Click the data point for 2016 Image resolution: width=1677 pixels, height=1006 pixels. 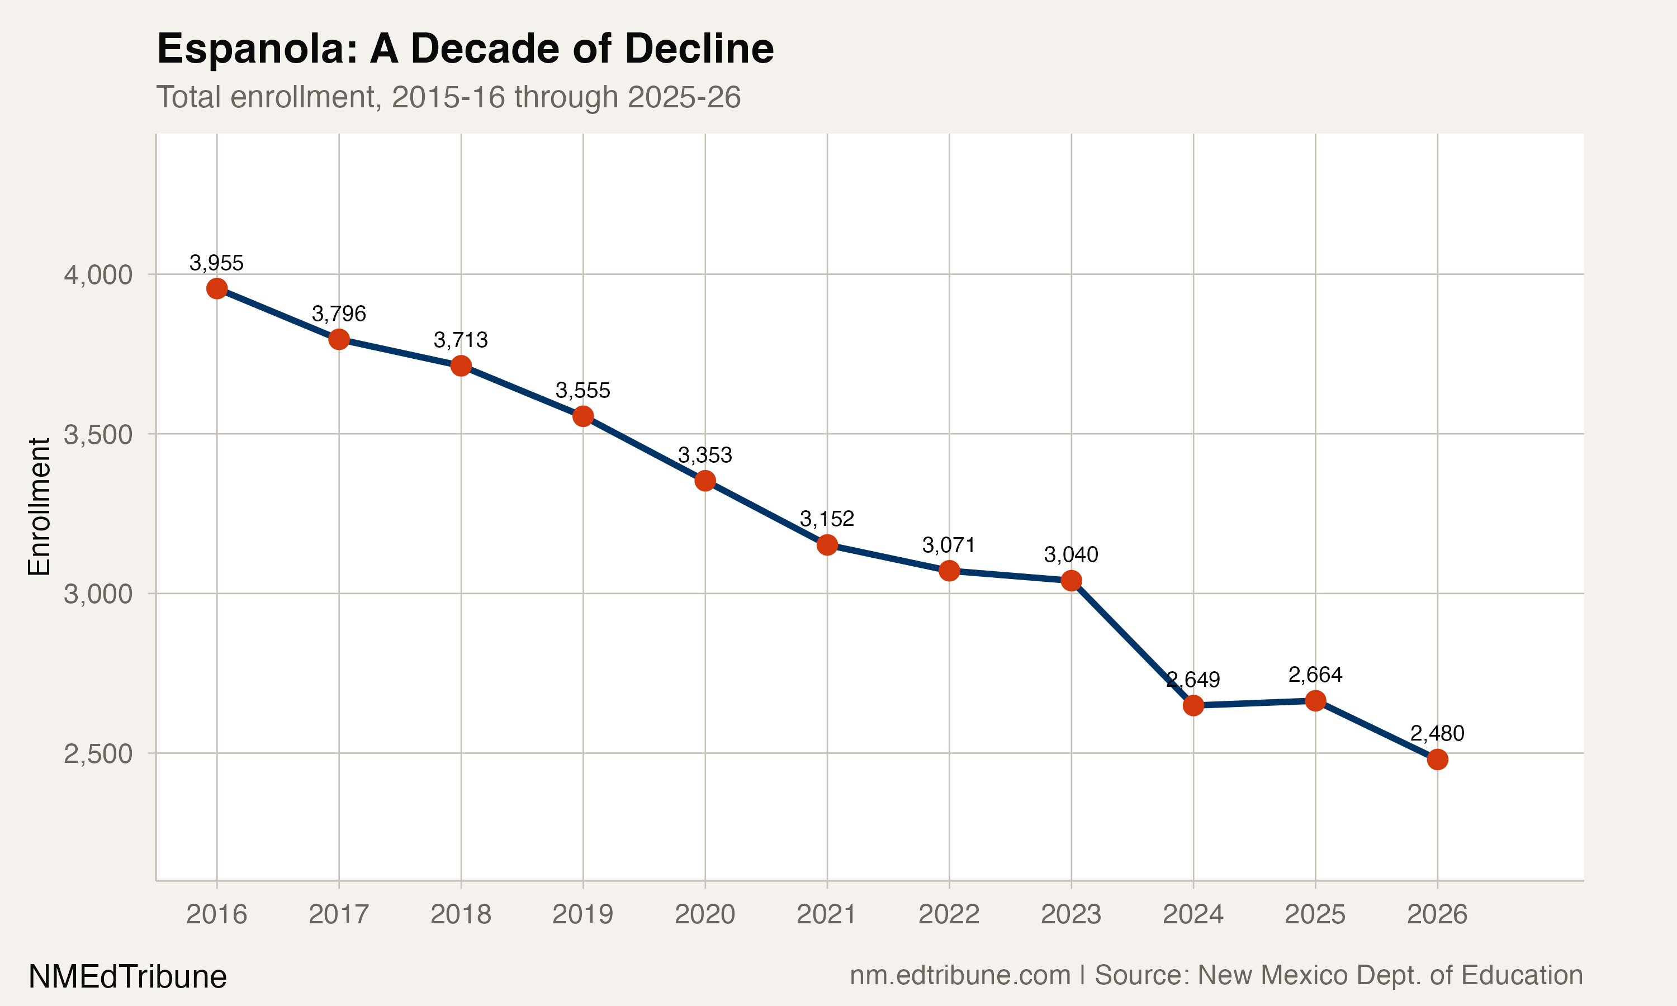point(216,289)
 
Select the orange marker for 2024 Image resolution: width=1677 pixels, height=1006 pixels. point(1193,706)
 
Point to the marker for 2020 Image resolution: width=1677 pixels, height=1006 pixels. point(705,481)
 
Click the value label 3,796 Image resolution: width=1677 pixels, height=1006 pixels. point(338,314)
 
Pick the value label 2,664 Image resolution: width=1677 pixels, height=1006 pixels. point(1315,675)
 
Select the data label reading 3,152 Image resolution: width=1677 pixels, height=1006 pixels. point(826,519)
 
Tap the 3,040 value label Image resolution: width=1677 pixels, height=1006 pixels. point(1070,555)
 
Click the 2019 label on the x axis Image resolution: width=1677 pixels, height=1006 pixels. point(582,914)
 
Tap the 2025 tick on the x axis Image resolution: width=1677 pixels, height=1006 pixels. point(1314,914)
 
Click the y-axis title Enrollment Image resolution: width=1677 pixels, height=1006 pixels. point(39,506)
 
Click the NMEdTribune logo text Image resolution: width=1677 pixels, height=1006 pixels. point(127,977)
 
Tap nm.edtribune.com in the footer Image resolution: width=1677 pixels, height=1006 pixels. point(960,975)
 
